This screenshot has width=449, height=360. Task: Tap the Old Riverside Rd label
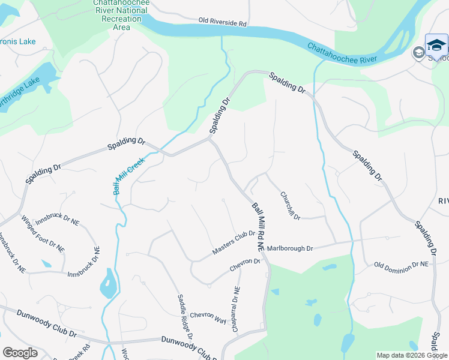click(x=223, y=23)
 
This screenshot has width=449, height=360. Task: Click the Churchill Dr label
click(x=290, y=205)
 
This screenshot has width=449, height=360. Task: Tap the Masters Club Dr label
click(x=234, y=244)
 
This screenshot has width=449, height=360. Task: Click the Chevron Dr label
click(x=245, y=265)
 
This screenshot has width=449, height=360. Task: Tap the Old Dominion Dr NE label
click(x=402, y=264)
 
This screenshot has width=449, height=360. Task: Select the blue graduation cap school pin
click(x=436, y=45)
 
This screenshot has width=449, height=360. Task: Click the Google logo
click(x=20, y=353)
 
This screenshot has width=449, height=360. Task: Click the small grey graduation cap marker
click(x=418, y=52)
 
